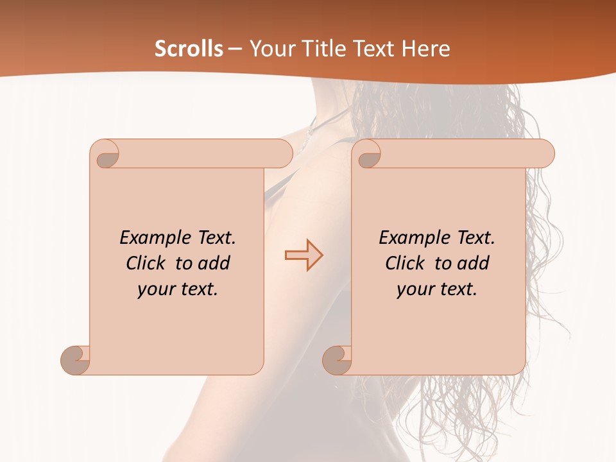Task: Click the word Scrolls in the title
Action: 189,48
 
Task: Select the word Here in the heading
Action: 427,48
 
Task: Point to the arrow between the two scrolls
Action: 304,255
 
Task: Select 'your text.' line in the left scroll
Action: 178,289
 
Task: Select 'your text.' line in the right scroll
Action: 437,289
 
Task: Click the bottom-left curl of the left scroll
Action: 76,360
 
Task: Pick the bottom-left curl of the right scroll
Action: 338,360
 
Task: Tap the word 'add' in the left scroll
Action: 214,263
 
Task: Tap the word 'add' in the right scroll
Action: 474,263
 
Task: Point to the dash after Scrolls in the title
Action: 235,49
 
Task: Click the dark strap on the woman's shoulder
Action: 277,185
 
